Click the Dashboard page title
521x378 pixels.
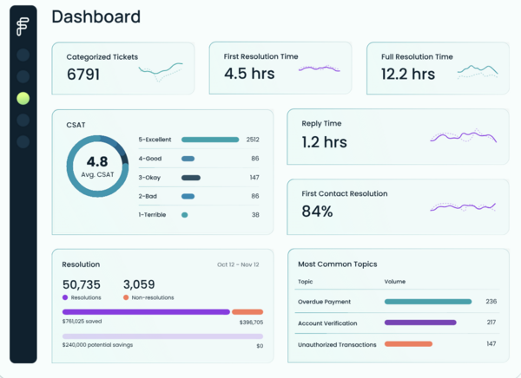(96, 16)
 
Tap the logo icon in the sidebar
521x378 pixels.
(23, 28)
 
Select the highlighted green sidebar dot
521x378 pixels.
(23, 99)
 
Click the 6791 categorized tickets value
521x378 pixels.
(83, 75)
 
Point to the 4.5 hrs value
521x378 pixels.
(250, 74)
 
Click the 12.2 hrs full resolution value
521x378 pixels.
(408, 75)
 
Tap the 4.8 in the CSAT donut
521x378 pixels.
(97, 161)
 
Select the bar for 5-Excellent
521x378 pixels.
(210, 140)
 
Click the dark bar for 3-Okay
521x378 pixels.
(191, 178)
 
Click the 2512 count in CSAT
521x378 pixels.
(253, 140)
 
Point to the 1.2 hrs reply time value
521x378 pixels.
(324, 141)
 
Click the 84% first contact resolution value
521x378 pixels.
(317, 212)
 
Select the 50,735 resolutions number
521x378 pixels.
(82, 284)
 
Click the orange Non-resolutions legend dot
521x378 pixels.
(126, 297)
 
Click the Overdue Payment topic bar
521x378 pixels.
(427, 302)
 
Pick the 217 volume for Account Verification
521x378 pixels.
(491, 323)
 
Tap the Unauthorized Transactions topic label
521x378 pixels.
(337, 344)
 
